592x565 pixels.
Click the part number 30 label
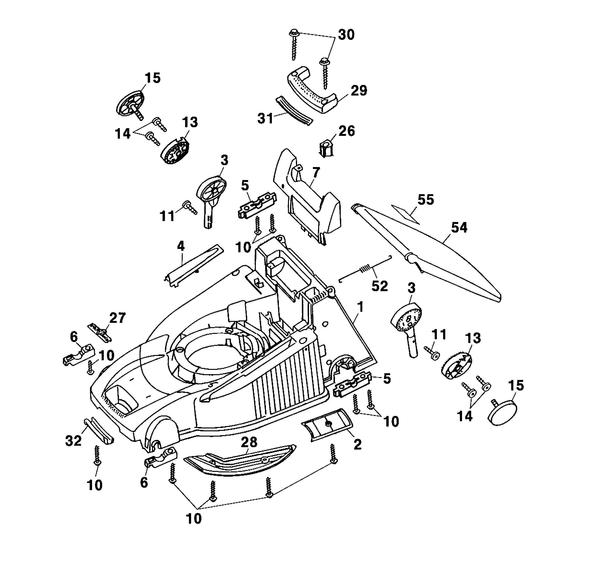click(x=346, y=35)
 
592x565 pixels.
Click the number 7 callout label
click(x=316, y=173)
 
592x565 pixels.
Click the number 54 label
click(x=459, y=228)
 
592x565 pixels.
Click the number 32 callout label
click(x=73, y=441)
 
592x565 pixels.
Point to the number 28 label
click(x=249, y=442)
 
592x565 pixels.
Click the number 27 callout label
click(x=117, y=318)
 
